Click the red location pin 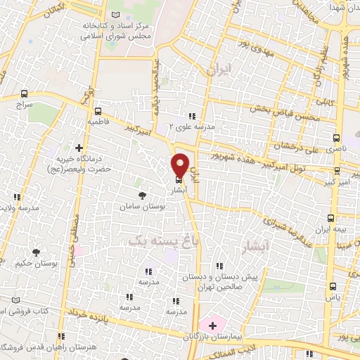pos(180,164)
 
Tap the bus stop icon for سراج pos(25,94)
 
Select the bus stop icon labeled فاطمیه pos(98,111)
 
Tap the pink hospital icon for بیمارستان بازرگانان pos(212,326)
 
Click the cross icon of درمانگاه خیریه pos(79,148)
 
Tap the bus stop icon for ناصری pos(337,138)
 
